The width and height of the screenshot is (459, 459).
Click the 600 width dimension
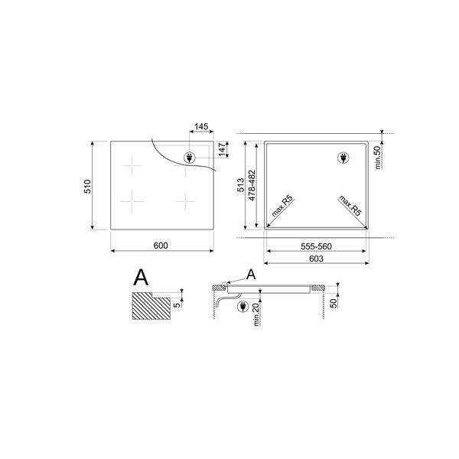coord(160,246)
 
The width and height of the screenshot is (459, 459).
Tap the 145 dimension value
coord(202,126)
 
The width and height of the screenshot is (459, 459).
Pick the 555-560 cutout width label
coord(316,248)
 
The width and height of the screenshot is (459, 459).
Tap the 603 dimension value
coord(317,259)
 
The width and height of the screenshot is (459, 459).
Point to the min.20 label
coord(256,313)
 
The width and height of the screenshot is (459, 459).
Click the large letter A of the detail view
coord(140,277)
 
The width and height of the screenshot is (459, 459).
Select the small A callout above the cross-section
coord(250,275)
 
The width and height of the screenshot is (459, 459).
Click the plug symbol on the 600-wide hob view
coord(188,158)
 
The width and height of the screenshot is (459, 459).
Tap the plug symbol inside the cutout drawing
coord(343,158)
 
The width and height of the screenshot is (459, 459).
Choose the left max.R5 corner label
coord(283,207)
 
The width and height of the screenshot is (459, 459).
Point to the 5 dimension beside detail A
coord(177,304)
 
